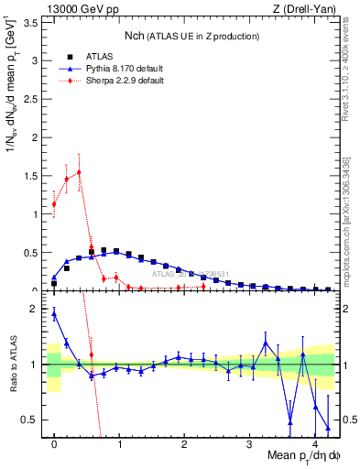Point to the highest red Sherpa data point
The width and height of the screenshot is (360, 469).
pyautogui.click(x=79, y=172)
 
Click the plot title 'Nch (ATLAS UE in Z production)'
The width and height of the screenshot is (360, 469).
pyautogui.click(x=191, y=36)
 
